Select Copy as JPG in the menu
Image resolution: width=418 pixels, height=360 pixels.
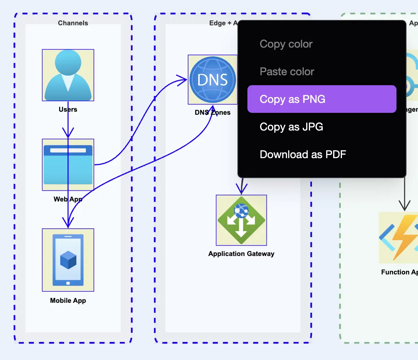(x=291, y=127)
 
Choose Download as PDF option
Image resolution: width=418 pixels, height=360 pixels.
(x=303, y=154)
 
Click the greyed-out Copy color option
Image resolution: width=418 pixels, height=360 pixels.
(x=286, y=44)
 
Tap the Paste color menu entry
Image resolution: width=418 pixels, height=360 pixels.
(x=287, y=72)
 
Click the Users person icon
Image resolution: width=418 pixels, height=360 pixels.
(x=68, y=75)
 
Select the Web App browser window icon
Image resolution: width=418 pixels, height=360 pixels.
(x=68, y=165)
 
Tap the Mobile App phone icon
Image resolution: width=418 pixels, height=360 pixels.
(x=68, y=260)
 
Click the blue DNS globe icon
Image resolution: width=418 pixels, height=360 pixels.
(x=212, y=79)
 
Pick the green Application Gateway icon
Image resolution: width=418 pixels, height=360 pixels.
(x=241, y=220)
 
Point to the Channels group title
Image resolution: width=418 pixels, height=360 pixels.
(x=73, y=23)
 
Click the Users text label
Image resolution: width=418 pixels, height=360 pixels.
(x=68, y=109)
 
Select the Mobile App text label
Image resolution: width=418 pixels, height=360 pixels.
(x=68, y=301)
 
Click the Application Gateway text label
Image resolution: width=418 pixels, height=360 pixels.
(x=241, y=254)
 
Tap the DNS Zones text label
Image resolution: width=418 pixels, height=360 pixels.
(x=212, y=112)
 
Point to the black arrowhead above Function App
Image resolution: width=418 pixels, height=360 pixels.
(x=404, y=206)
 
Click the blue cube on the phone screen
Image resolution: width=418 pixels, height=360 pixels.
(x=68, y=260)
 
